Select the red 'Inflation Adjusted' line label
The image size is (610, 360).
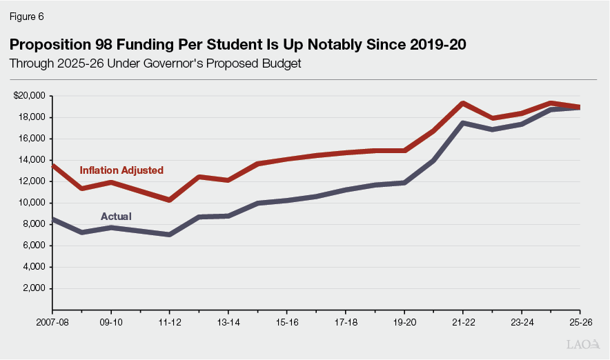point(121,170)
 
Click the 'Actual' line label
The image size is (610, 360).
point(116,217)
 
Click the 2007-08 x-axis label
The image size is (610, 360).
point(52,322)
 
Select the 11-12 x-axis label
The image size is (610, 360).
point(170,322)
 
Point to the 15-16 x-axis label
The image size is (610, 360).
point(287,322)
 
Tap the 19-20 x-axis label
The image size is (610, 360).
point(404,322)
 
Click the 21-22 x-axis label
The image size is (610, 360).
point(463,322)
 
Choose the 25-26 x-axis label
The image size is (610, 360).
point(578,322)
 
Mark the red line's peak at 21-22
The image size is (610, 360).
point(463,103)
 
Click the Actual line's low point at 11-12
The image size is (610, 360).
point(170,234)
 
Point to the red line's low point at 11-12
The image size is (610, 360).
point(170,200)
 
